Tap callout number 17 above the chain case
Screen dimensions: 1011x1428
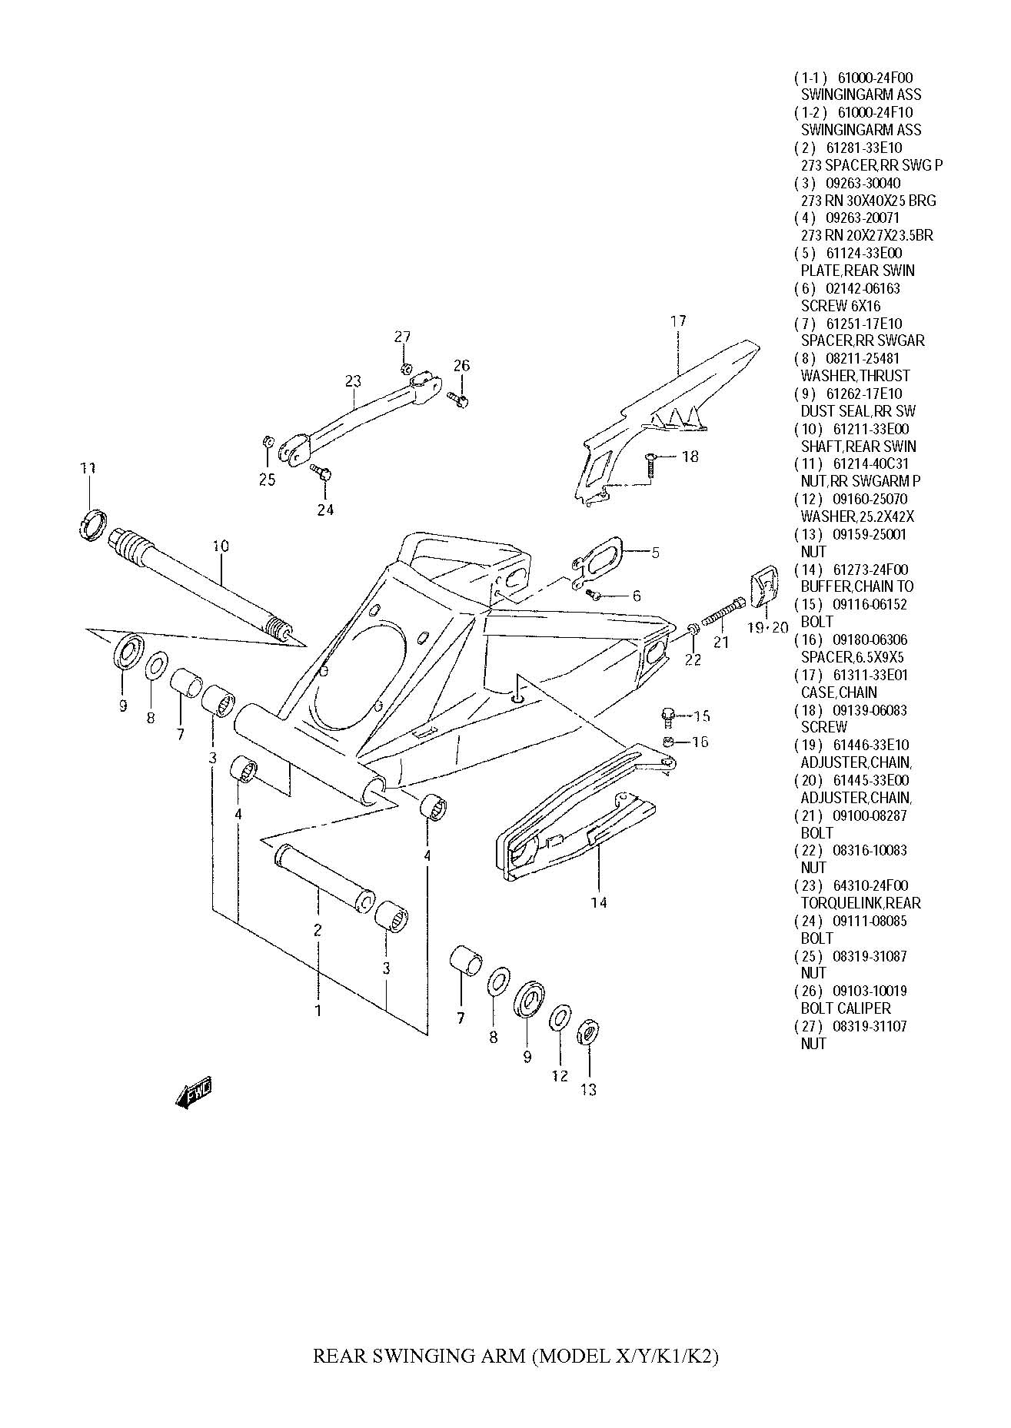click(678, 321)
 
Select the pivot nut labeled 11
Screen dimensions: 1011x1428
click(91, 523)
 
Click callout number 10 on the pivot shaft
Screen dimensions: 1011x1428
click(221, 546)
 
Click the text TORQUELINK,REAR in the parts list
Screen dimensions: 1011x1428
click(860, 903)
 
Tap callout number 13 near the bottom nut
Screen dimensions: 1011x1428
click(589, 1089)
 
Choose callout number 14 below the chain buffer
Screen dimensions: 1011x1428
click(598, 902)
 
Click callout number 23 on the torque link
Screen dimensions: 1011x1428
click(353, 381)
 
